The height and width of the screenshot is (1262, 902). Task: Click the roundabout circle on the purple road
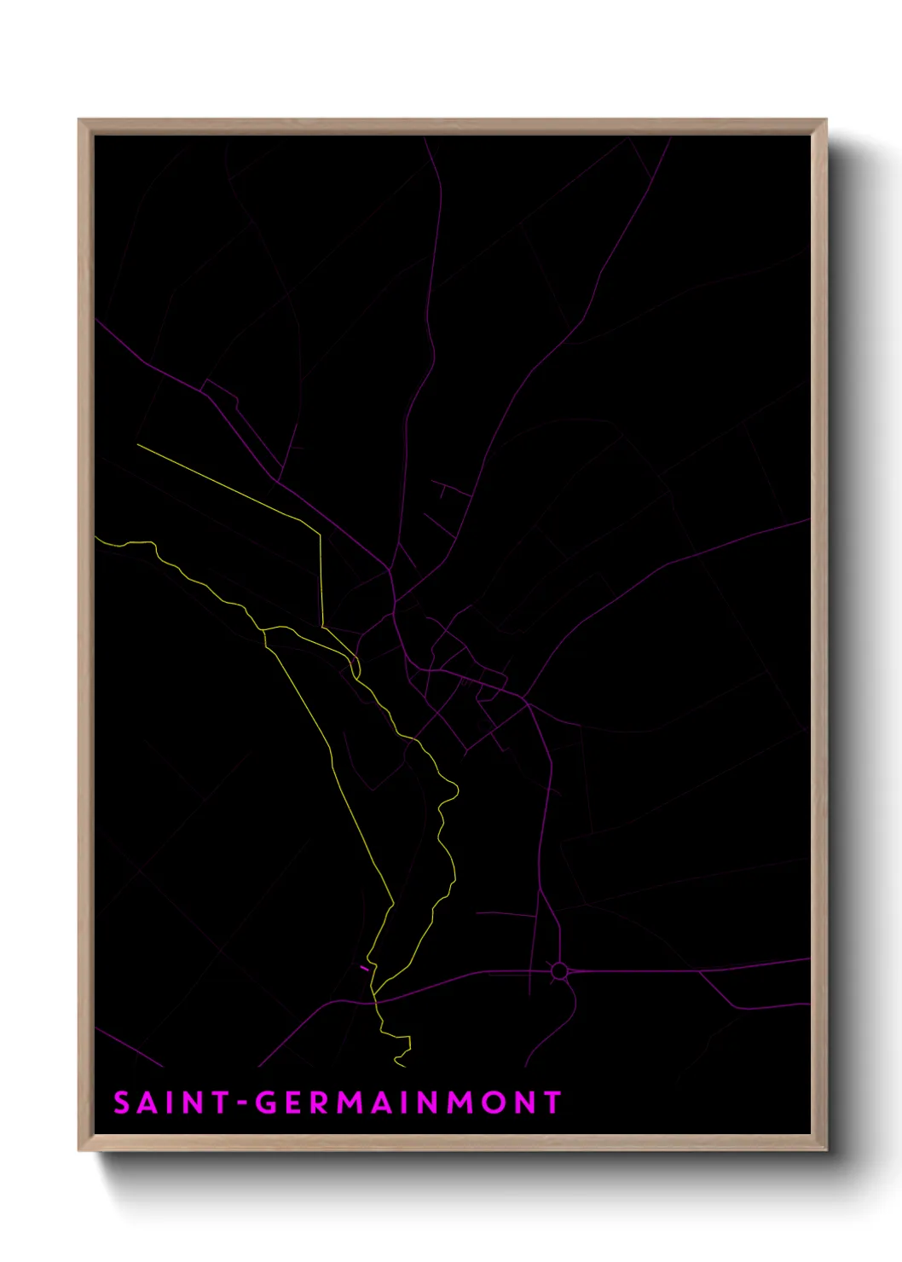point(558,970)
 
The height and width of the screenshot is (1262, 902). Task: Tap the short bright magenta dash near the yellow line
point(365,968)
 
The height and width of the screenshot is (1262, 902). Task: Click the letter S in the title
point(122,1103)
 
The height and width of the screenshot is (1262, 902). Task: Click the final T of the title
point(552,1103)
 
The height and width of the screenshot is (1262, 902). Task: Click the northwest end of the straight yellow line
point(138,444)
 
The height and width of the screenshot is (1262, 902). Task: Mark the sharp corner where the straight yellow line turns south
point(321,535)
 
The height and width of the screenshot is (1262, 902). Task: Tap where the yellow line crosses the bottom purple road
point(374,1000)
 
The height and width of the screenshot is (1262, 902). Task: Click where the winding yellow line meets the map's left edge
point(95,537)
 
